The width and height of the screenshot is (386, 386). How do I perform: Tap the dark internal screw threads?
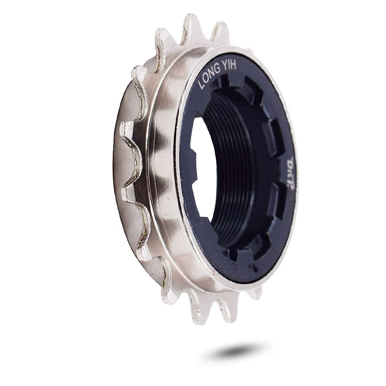coord(232,174)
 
